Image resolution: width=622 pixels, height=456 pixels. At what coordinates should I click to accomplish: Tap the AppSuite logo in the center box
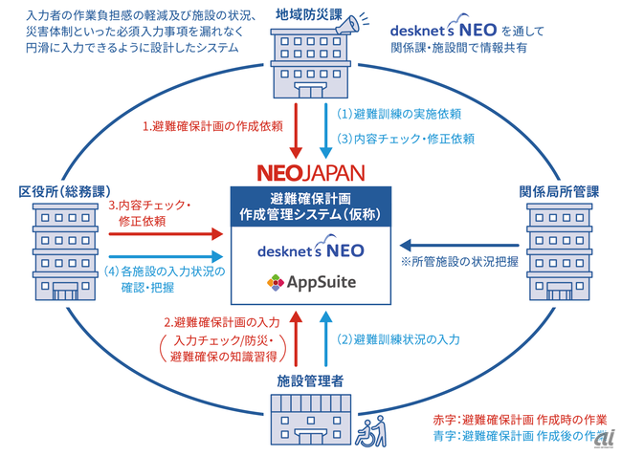[x=312, y=284]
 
